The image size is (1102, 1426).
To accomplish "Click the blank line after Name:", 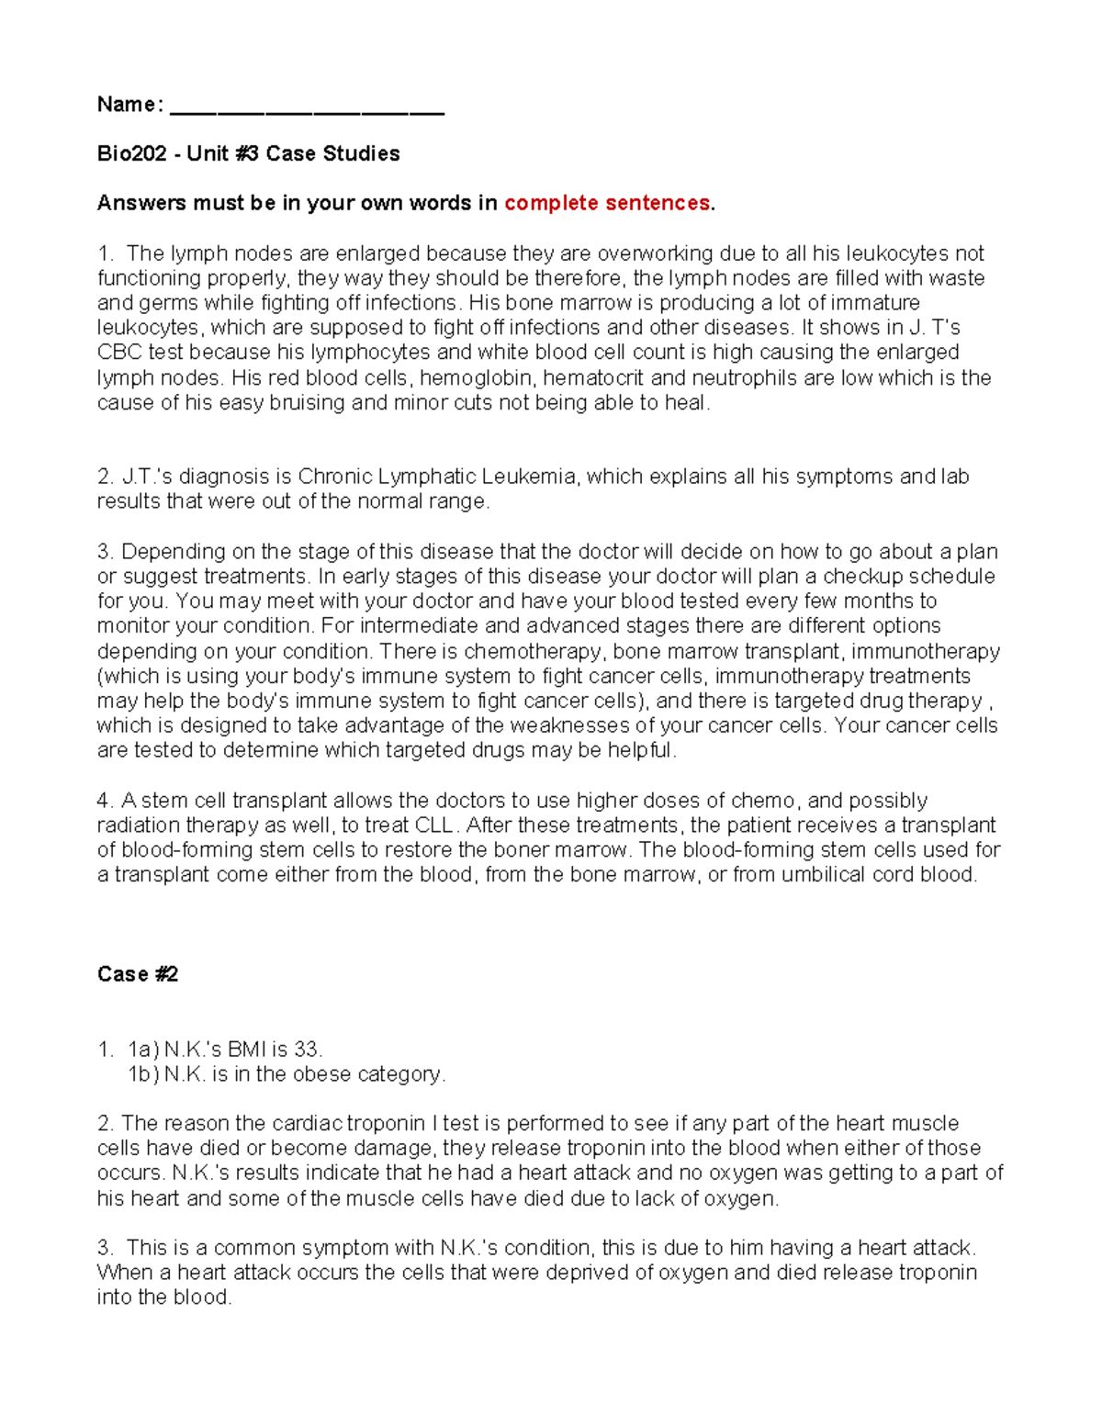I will click(x=307, y=109).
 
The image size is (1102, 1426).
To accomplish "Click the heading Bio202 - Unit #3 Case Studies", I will click(x=248, y=153).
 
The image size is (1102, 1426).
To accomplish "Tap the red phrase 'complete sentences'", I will click(x=606, y=203).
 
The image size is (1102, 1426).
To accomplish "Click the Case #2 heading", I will click(x=137, y=974).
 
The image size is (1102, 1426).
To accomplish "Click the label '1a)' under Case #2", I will click(x=143, y=1050).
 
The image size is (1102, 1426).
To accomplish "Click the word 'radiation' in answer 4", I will click(x=139, y=825).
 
